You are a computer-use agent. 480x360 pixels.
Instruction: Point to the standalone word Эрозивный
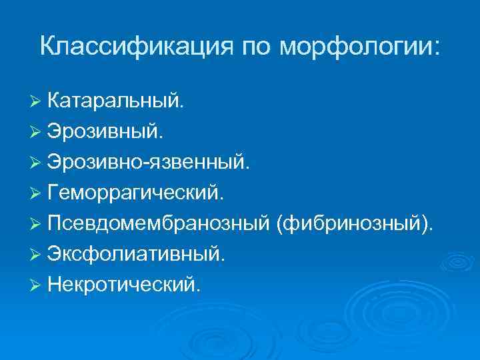click(x=104, y=131)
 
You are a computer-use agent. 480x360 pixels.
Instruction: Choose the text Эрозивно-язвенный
click(x=149, y=162)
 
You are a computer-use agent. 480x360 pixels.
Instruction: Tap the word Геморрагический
click(x=141, y=193)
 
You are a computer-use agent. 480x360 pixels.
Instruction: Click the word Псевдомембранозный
click(x=158, y=223)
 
